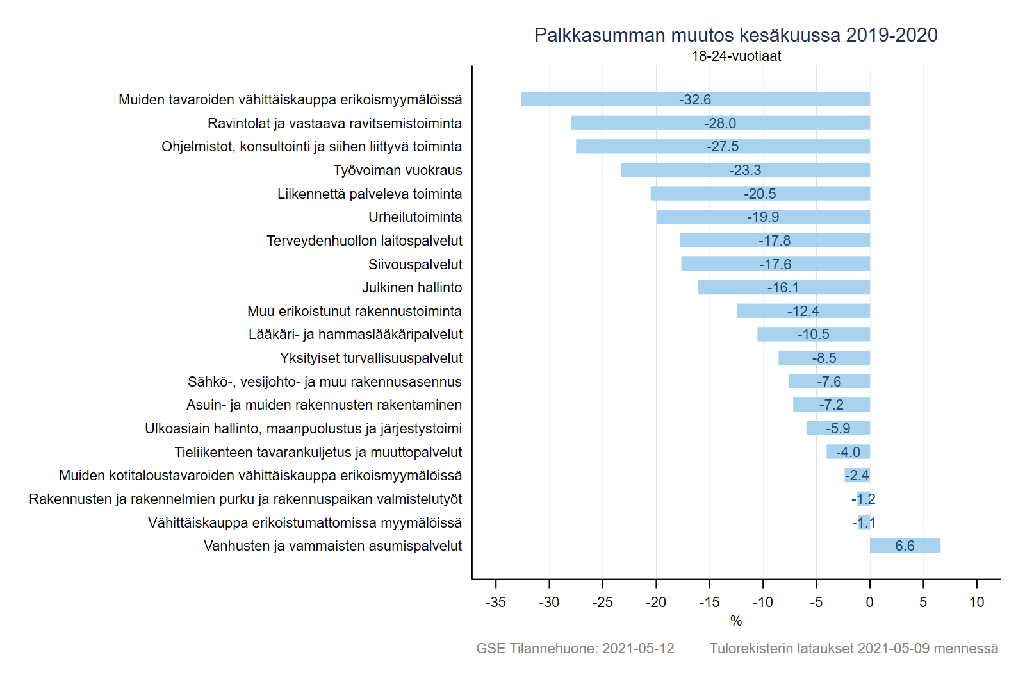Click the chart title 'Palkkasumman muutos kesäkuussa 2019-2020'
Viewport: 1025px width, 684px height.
point(735,35)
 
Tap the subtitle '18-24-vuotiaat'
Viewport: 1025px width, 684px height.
point(736,56)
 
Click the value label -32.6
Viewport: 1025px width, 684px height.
point(695,99)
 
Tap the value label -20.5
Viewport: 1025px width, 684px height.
point(760,194)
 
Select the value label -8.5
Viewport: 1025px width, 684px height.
point(824,358)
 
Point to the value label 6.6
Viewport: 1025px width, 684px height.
point(905,546)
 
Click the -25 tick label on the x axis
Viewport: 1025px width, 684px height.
point(602,603)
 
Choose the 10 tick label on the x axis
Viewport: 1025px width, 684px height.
point(976,603)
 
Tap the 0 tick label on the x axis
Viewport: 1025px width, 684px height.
point(869,603)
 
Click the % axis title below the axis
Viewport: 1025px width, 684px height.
point(736,621)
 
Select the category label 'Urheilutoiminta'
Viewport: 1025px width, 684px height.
point(415,217)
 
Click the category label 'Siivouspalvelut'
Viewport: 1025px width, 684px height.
point(415,264)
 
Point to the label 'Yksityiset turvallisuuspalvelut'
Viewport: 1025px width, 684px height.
point(371,358)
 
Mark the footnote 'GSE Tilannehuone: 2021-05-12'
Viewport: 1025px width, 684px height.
point(575,648)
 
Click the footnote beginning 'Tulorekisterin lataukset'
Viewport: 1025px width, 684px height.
point(853,648)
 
